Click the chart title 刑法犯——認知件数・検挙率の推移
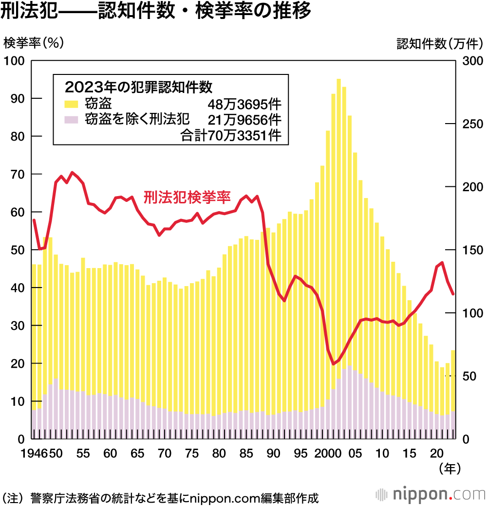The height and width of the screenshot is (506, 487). (x=155, y=12)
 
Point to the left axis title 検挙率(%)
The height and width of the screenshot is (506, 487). (x=34, y=43)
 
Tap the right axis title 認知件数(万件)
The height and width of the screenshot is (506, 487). (x=439, y=44)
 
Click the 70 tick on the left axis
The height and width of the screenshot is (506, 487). (x=17, y=174)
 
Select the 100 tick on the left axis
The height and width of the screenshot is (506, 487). (x=14, y=61)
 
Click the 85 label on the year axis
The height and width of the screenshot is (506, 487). (x=247, y=454)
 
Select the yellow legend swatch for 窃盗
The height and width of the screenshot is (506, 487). (x=71, y=104)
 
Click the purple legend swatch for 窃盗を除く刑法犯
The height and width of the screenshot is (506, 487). (x=71, y=119)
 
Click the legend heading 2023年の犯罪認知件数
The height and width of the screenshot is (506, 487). (x=138, y=87)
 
